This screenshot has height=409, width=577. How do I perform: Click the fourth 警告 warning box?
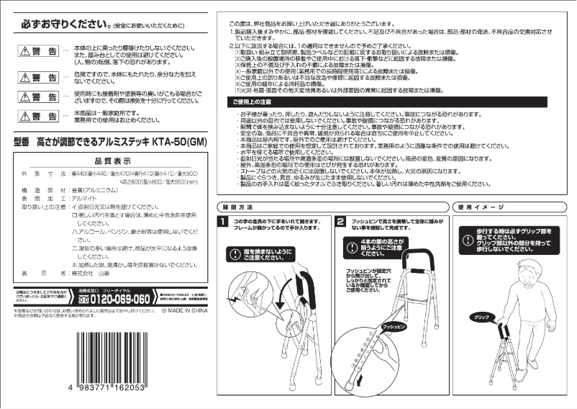click(39, 115)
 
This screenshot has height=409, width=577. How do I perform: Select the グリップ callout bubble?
click(482, 317)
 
